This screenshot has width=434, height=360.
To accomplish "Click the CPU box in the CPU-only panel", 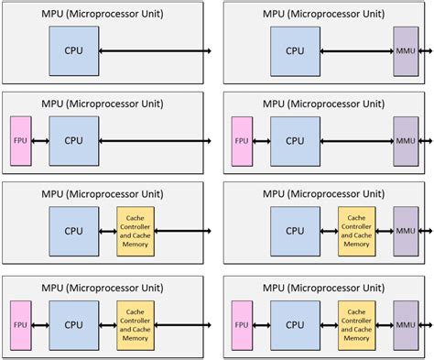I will (72, 50).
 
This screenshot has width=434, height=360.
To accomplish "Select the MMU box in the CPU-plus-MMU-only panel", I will (405, 50).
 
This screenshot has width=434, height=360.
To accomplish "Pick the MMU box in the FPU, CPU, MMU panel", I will (405, 141).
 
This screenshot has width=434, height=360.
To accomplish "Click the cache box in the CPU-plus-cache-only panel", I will (136, 231).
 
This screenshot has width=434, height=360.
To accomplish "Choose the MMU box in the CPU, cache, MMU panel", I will (405, 231).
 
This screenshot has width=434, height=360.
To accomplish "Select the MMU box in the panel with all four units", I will (405, 323).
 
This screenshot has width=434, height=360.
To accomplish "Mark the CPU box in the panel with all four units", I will (294, 323).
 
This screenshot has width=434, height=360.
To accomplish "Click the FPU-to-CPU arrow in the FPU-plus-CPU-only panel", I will (40, 141).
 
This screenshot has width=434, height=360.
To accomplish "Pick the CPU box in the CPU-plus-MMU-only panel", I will (294, 50).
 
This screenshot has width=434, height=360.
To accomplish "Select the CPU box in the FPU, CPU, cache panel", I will (72, 323).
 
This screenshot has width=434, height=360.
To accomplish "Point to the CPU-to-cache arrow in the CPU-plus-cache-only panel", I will (106, 231).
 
